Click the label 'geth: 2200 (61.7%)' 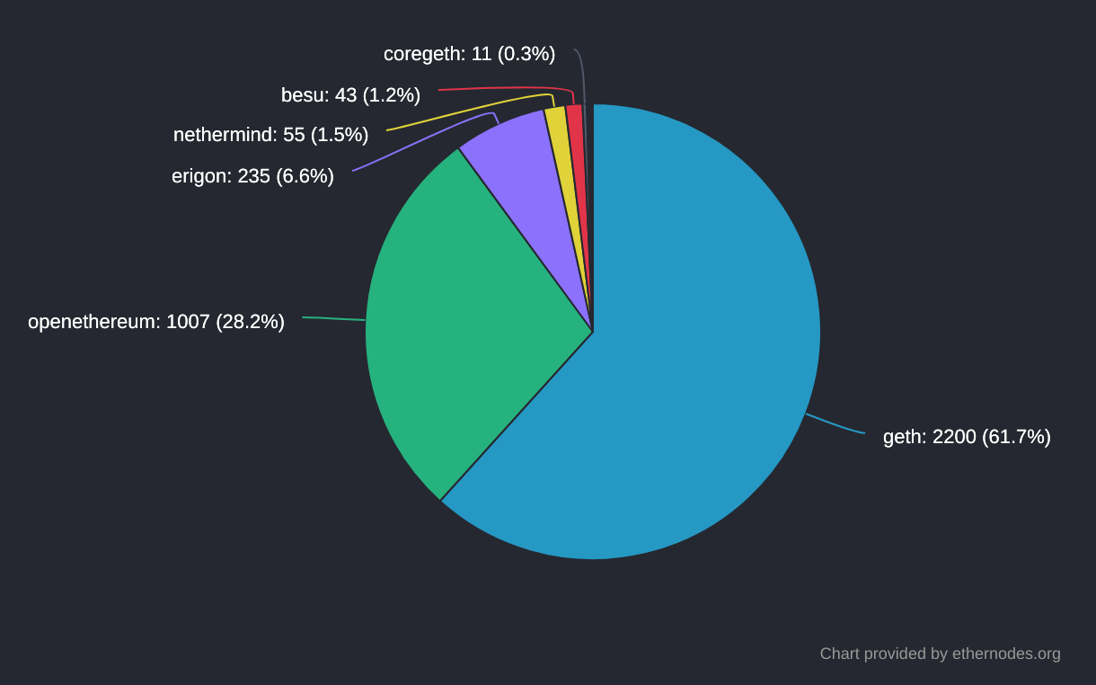click(x=967, y=437)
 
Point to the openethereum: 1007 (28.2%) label click(x=156, y=322)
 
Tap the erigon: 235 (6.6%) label click(x=252, y=176)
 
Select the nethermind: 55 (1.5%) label click(x=270, y=135)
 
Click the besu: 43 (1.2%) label click(x=350, y=95)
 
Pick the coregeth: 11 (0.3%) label click(x=469, y=54)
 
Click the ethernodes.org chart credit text click(x=940, y=654)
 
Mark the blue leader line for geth click(x=835, y=424)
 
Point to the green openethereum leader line click(x=333, y=318)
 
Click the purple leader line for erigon click(x=422, y=141)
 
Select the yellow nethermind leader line click(x=467, y=110)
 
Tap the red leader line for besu click(x=503, y=88)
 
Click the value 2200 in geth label click(x=954, y=437)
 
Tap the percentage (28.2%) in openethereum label click(x=250, y=322)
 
